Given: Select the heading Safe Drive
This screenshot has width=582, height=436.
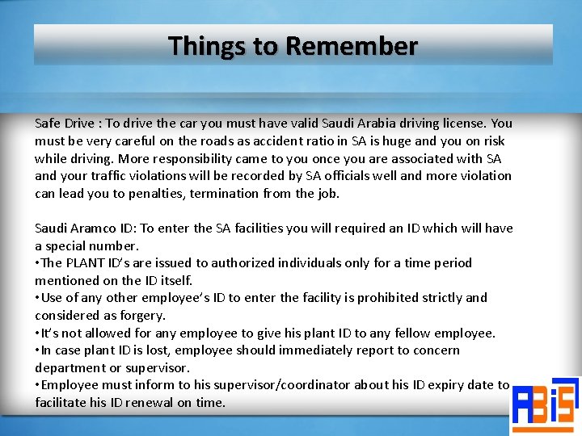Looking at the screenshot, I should [x=65, y=124].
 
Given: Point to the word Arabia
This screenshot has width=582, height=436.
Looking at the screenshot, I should [x=385, y=124].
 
